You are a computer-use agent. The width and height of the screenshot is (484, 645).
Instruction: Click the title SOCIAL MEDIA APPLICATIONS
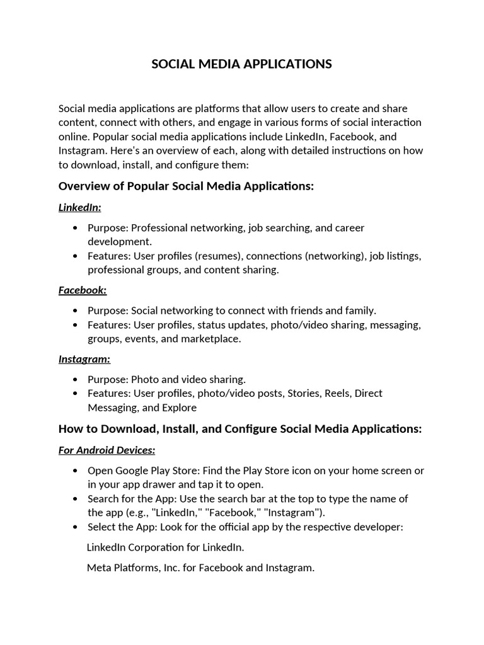[241, 64]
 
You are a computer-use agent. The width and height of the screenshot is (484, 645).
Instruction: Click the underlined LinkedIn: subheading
[79, 207]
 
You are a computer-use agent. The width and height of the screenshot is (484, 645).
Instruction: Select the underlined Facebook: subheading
[83, 290]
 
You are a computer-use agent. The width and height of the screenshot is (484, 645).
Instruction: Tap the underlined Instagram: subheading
[84, 359]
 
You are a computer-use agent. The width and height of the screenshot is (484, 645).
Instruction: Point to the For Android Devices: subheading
[107, 450]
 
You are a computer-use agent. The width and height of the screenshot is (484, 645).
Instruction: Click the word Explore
[180, 408]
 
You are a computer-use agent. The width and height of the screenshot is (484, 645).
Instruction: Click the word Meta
[99, 568]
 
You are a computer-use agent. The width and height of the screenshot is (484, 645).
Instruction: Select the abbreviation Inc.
[170, 568]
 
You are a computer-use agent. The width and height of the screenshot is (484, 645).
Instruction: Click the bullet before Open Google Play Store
[76, 471]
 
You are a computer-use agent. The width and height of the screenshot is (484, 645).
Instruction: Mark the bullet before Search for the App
[76, 499]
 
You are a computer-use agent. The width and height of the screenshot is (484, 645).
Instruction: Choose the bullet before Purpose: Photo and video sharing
[76, 379]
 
